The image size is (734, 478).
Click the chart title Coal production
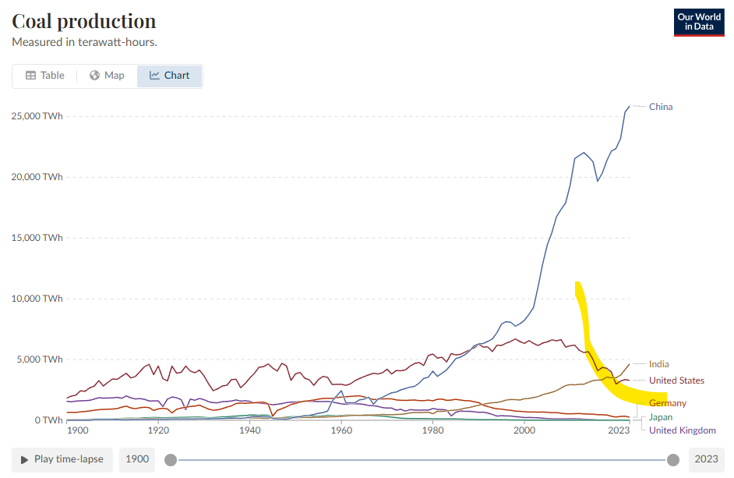[x=84, y=20]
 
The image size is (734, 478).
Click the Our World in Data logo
[x=699, y=22]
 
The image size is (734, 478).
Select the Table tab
[x=45, y=76]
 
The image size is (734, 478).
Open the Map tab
[x=107, y=76]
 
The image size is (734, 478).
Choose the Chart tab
[x=170, y=76]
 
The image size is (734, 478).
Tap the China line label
[x=661, y=107]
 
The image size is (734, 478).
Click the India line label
[x=658, y=364]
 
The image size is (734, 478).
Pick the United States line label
[x=676, y=381]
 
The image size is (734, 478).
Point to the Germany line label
[x=668, y=403]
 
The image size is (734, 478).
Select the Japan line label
[x=661, y=417]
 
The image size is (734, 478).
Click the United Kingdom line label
[x=682, y=430]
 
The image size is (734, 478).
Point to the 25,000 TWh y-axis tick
[x=37, y=116]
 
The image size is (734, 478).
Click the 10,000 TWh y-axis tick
[x=37, y=299]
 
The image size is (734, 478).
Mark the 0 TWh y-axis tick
[x=48, y=420]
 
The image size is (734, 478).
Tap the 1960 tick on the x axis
[x=341, y=430]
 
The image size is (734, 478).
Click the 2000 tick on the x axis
[x=525, y=430]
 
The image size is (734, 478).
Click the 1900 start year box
[x=136, y=459]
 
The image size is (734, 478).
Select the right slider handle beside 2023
[x=673, y=459]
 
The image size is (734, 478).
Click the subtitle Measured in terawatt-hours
[x=90, y=41]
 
